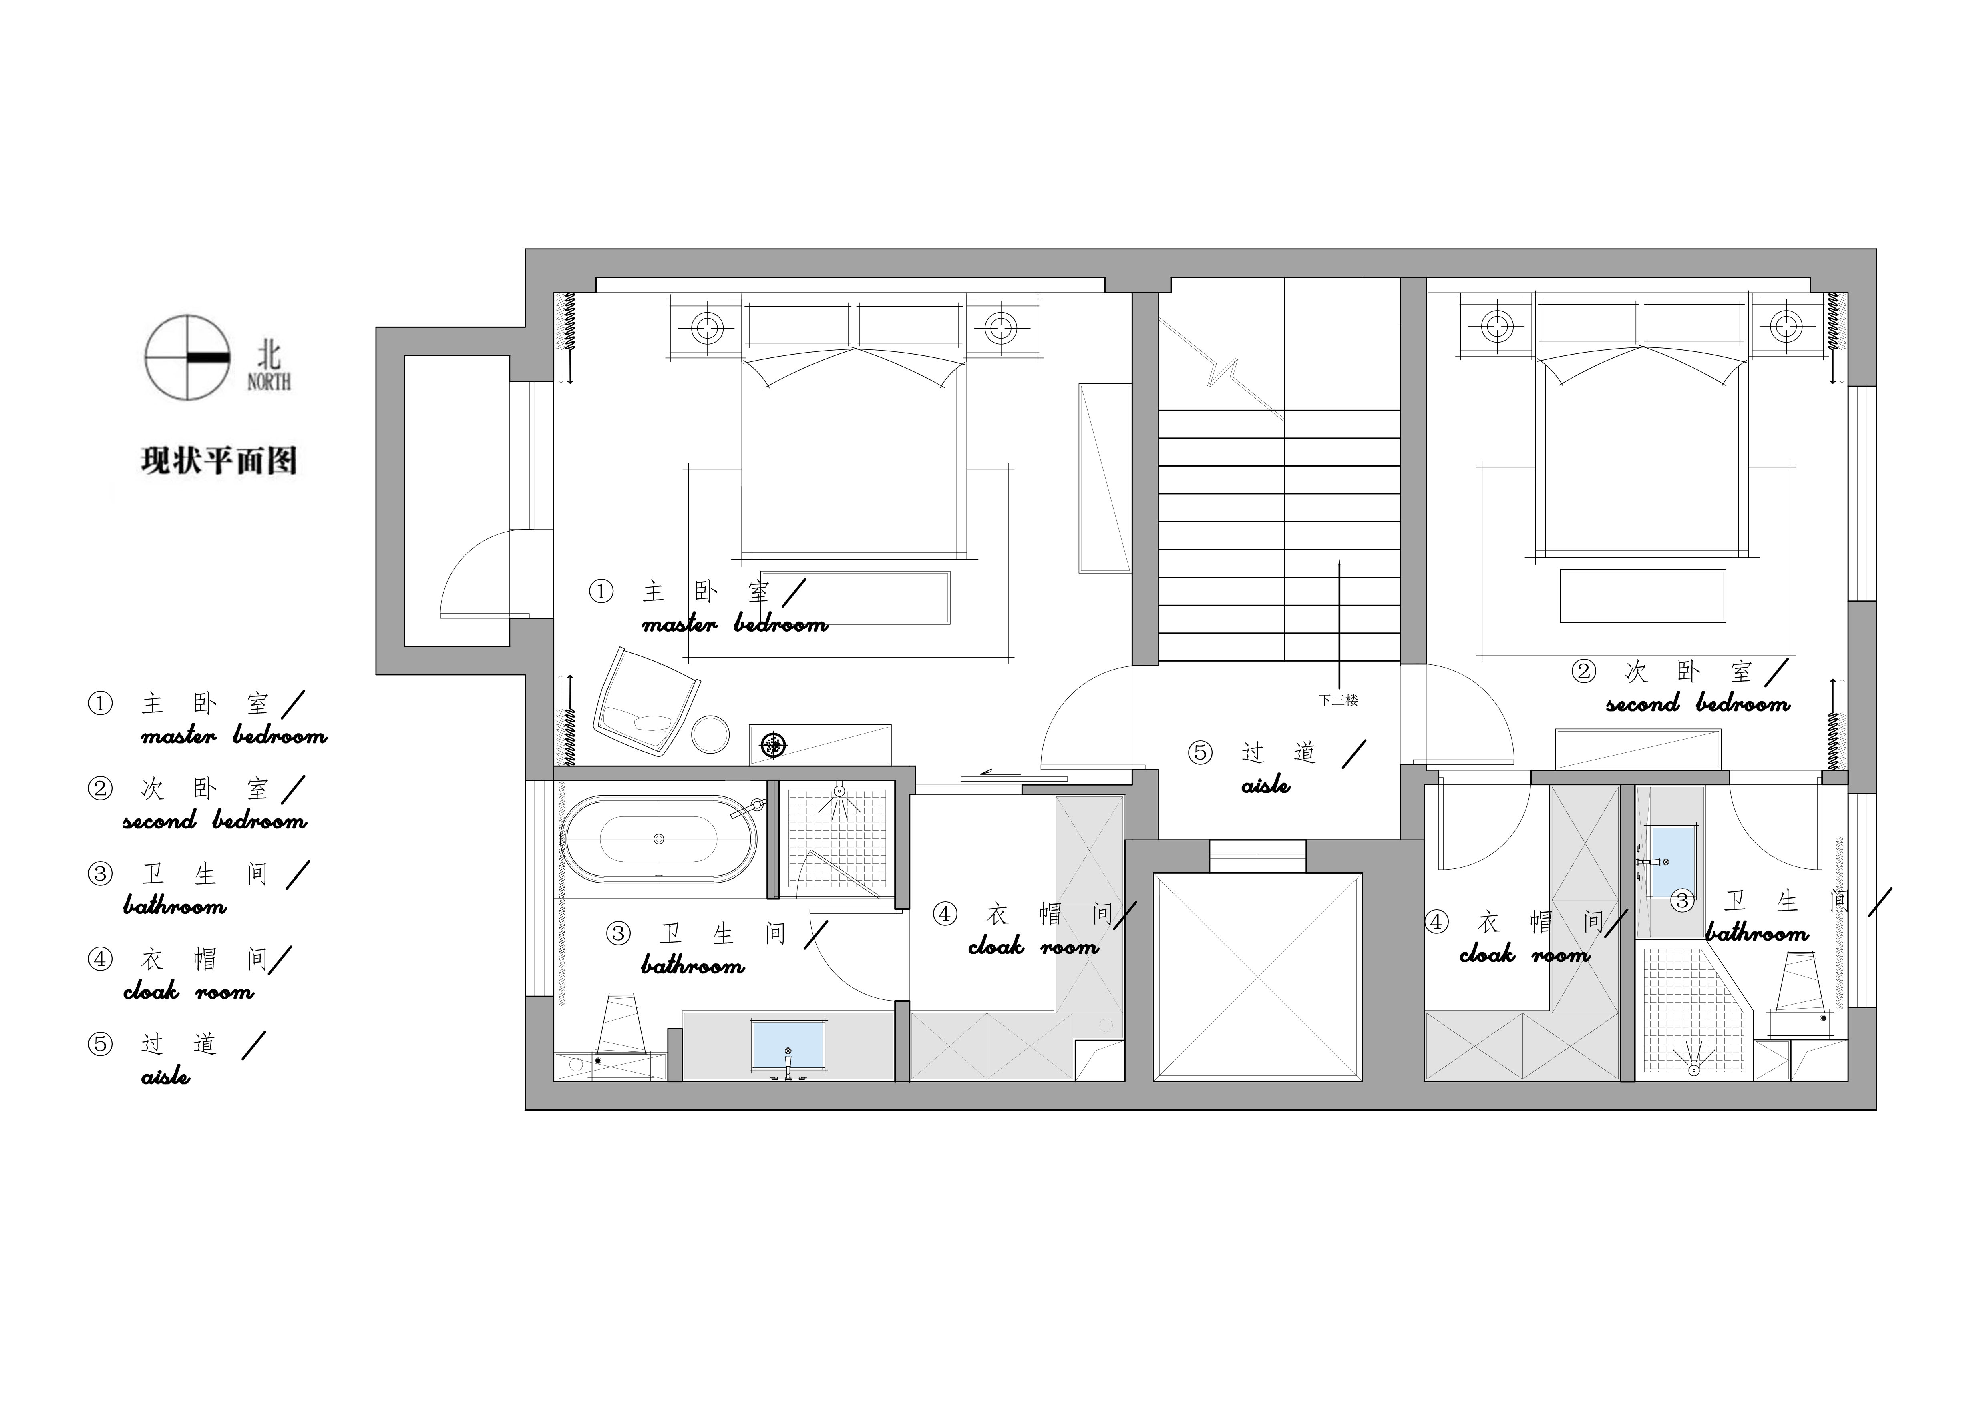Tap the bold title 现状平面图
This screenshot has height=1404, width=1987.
click(x=219, y=460)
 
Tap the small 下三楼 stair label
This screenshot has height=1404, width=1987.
click(x=1338, y=700)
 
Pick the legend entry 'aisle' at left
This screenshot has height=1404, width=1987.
click(x=165, y=1076)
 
